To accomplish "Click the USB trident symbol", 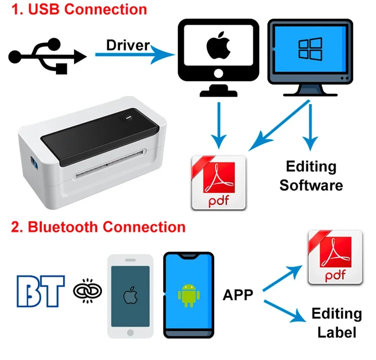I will pyautogui.click(x=47, y=56).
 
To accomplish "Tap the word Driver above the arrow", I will pyautogui.click(x=128, y=45).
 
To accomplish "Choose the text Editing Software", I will pyautogui.click(x=311, y=176).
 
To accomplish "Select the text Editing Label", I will pyautogui.click(x=337, y=323).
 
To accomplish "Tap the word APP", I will pyautogui.click(x=238, y=295).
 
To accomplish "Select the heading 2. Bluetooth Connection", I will pyautogui.click(x=98, y=227).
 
